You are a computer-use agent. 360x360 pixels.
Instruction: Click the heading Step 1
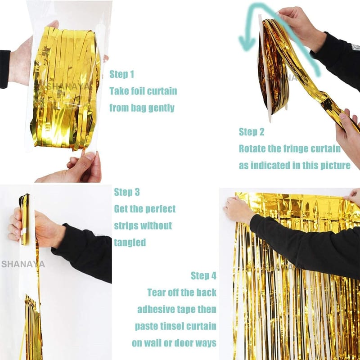coord(121,74)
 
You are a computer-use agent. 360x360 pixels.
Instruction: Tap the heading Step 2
coord(252,132)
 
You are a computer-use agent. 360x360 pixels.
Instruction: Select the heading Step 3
coord(127,192)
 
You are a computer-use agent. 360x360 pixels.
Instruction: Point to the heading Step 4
coord(203,275)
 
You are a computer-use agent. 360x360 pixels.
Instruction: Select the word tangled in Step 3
coord(130,243)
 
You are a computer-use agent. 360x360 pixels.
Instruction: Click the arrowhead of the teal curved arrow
coord(247,43)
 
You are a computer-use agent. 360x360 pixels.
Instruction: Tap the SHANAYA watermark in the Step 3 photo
coord(23,264)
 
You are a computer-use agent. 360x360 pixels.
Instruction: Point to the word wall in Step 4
coord(153,343)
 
